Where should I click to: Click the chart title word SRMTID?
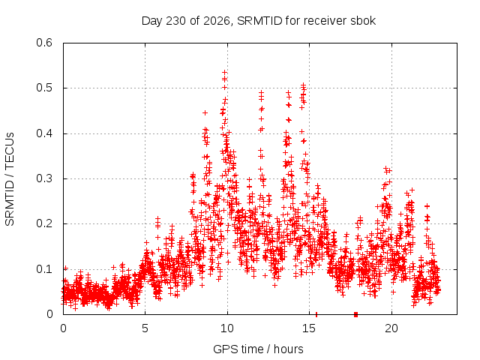click(x=259, y=21)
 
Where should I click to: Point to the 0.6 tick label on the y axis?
click(x=44, y=43)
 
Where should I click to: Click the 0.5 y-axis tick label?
click(x=44, y=88)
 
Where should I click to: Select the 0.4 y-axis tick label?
click(x=44, y=133)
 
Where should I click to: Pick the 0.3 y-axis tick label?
click(x=44, y=178)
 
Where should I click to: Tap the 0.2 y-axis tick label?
click(x=44, y=223)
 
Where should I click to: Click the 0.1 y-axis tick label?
click(x=44, y=269)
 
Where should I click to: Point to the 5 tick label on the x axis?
click(x=145, y=328)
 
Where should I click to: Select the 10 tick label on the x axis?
click(x=226, y=328)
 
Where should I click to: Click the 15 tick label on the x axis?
click(x=309, y=328)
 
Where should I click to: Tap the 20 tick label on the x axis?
click(x=391, y=328)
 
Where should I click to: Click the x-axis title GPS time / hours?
click(x=258, y=349)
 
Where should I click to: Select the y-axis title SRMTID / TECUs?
click(x=10, y=179)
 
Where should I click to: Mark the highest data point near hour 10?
click(x=224, y=73)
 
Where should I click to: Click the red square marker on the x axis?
click(x=355, y=314)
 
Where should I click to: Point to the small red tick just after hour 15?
click(x=316, y=314)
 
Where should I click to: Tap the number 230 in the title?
click(x=175, y=21)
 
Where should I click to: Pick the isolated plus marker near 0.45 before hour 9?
click(x=205, y=113)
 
